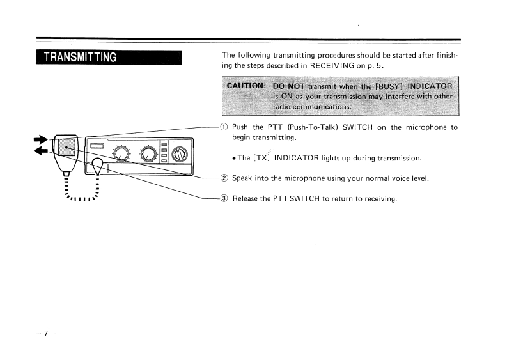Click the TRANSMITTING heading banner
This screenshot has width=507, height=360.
(109, 58)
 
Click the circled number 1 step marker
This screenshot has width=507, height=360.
(224, 127)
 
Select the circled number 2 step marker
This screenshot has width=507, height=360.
(224, 178)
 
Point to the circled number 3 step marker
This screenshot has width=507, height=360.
(224, 199)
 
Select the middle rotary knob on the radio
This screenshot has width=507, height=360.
(150, 153)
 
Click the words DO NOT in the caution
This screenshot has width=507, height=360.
(288, 86)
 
